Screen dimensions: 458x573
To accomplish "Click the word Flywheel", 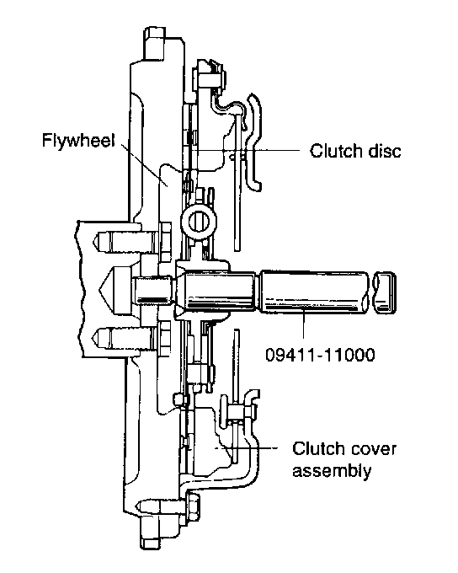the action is [78, 141].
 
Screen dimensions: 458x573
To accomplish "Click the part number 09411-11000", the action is [320, 355].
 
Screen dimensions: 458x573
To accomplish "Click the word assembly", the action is [332, 471].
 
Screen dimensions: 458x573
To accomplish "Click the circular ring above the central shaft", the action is [199, 222].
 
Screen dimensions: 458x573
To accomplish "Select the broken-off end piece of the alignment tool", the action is [385, 292].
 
